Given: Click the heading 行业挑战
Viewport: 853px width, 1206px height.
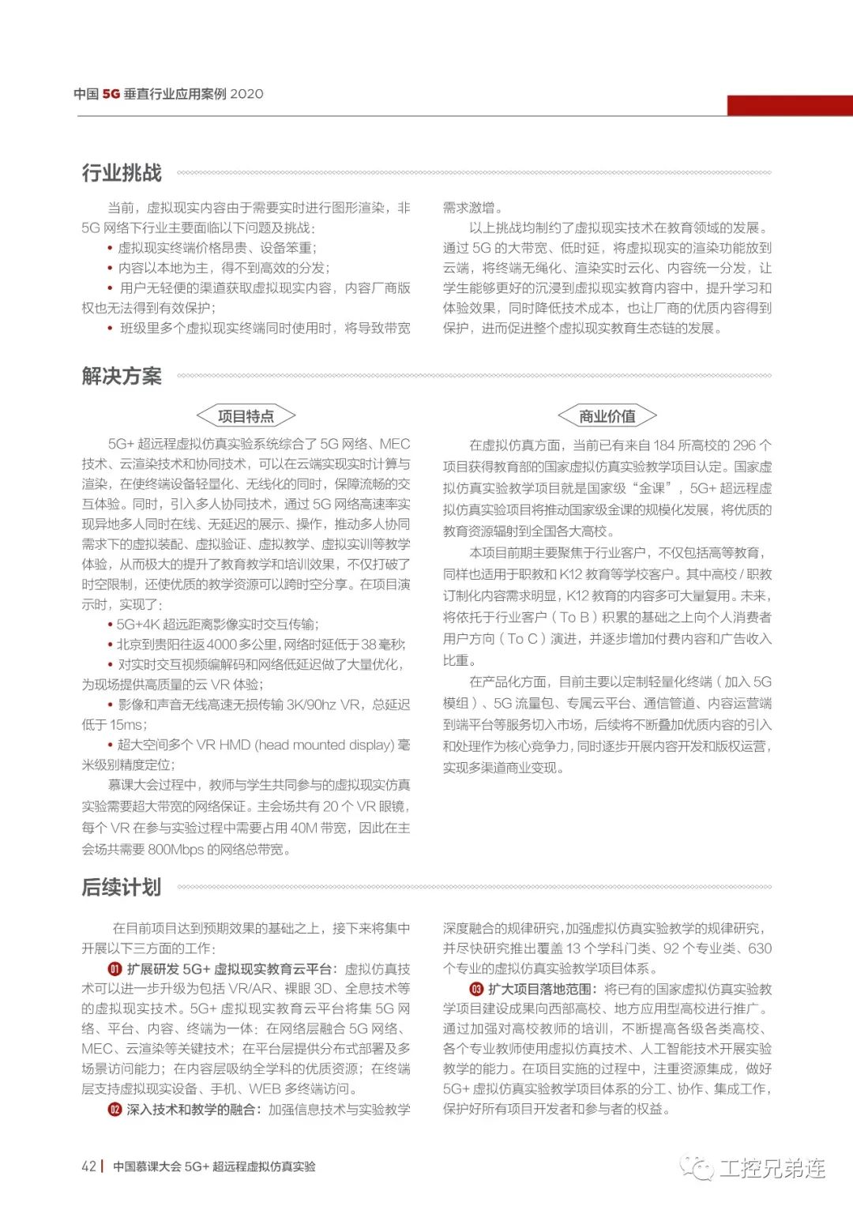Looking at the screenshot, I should coord(122,173).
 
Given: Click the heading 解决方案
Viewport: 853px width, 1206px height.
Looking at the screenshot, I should coord(122,376).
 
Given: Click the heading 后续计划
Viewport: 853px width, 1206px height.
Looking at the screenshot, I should coord(122,887).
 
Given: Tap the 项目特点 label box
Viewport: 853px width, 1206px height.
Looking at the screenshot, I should coord(246,416).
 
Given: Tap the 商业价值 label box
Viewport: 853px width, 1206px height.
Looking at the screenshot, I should coord(607,416).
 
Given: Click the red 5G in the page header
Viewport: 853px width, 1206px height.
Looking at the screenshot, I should coord(111,94).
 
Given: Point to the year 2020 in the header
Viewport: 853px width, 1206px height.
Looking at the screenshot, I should coord(246,94).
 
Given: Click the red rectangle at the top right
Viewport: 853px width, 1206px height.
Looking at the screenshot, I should coord(789,106).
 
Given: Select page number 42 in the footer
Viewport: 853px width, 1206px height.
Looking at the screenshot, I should coord(88,1167).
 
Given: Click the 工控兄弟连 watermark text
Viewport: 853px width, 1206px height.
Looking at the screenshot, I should coord(772,1168).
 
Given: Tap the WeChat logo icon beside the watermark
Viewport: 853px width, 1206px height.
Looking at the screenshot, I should coord(697,1167).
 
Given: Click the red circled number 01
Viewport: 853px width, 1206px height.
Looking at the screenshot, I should coord(115,969).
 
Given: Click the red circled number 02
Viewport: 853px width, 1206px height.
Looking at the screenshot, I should coord(115,1110).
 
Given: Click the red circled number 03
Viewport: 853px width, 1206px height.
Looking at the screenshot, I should coord(476,989).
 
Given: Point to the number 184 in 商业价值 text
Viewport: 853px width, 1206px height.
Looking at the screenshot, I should coord(664,445).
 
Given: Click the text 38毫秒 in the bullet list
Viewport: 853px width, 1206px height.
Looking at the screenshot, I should coord(383,644).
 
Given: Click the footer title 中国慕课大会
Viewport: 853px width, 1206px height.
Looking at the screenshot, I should coord(147,1167).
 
